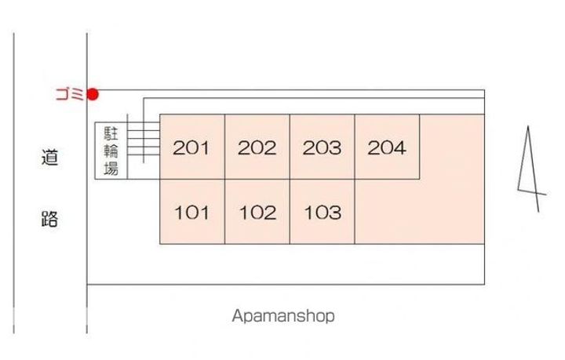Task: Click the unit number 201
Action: pos(191,147)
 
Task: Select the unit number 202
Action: pos(257,147)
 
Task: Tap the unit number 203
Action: pos(323,147)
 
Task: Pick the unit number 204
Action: pos(387,147)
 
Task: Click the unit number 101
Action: pos(191,212)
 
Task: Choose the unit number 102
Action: pos(257,212)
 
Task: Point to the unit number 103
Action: pos(323,212)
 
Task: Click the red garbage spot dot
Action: pos(93,95)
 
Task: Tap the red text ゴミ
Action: pos(69,95)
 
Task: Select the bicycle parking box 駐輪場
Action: pos(111,151)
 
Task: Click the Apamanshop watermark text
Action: pos(283,316)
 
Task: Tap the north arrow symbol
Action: pos(530,169)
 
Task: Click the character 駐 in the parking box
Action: pos(111,133)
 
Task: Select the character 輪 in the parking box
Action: pos(111,151)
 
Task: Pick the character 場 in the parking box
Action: pos(111,168)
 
